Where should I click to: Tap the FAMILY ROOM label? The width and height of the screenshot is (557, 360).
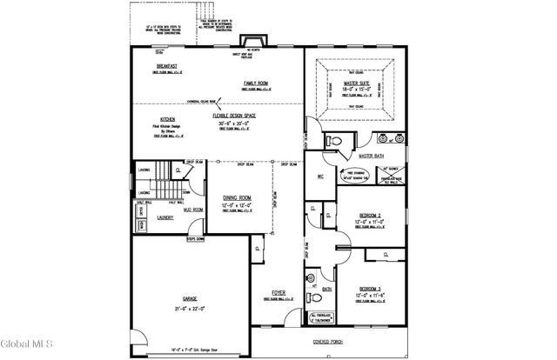click(x=256, y=83)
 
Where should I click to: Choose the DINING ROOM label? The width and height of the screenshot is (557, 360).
click(x=237, y=197)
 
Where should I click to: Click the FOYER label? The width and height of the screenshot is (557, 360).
click(x=278, y=292)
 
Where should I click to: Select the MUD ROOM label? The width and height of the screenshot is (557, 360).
click(x=192, y=210)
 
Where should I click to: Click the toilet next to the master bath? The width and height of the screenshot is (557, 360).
click(x=332, y=140)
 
